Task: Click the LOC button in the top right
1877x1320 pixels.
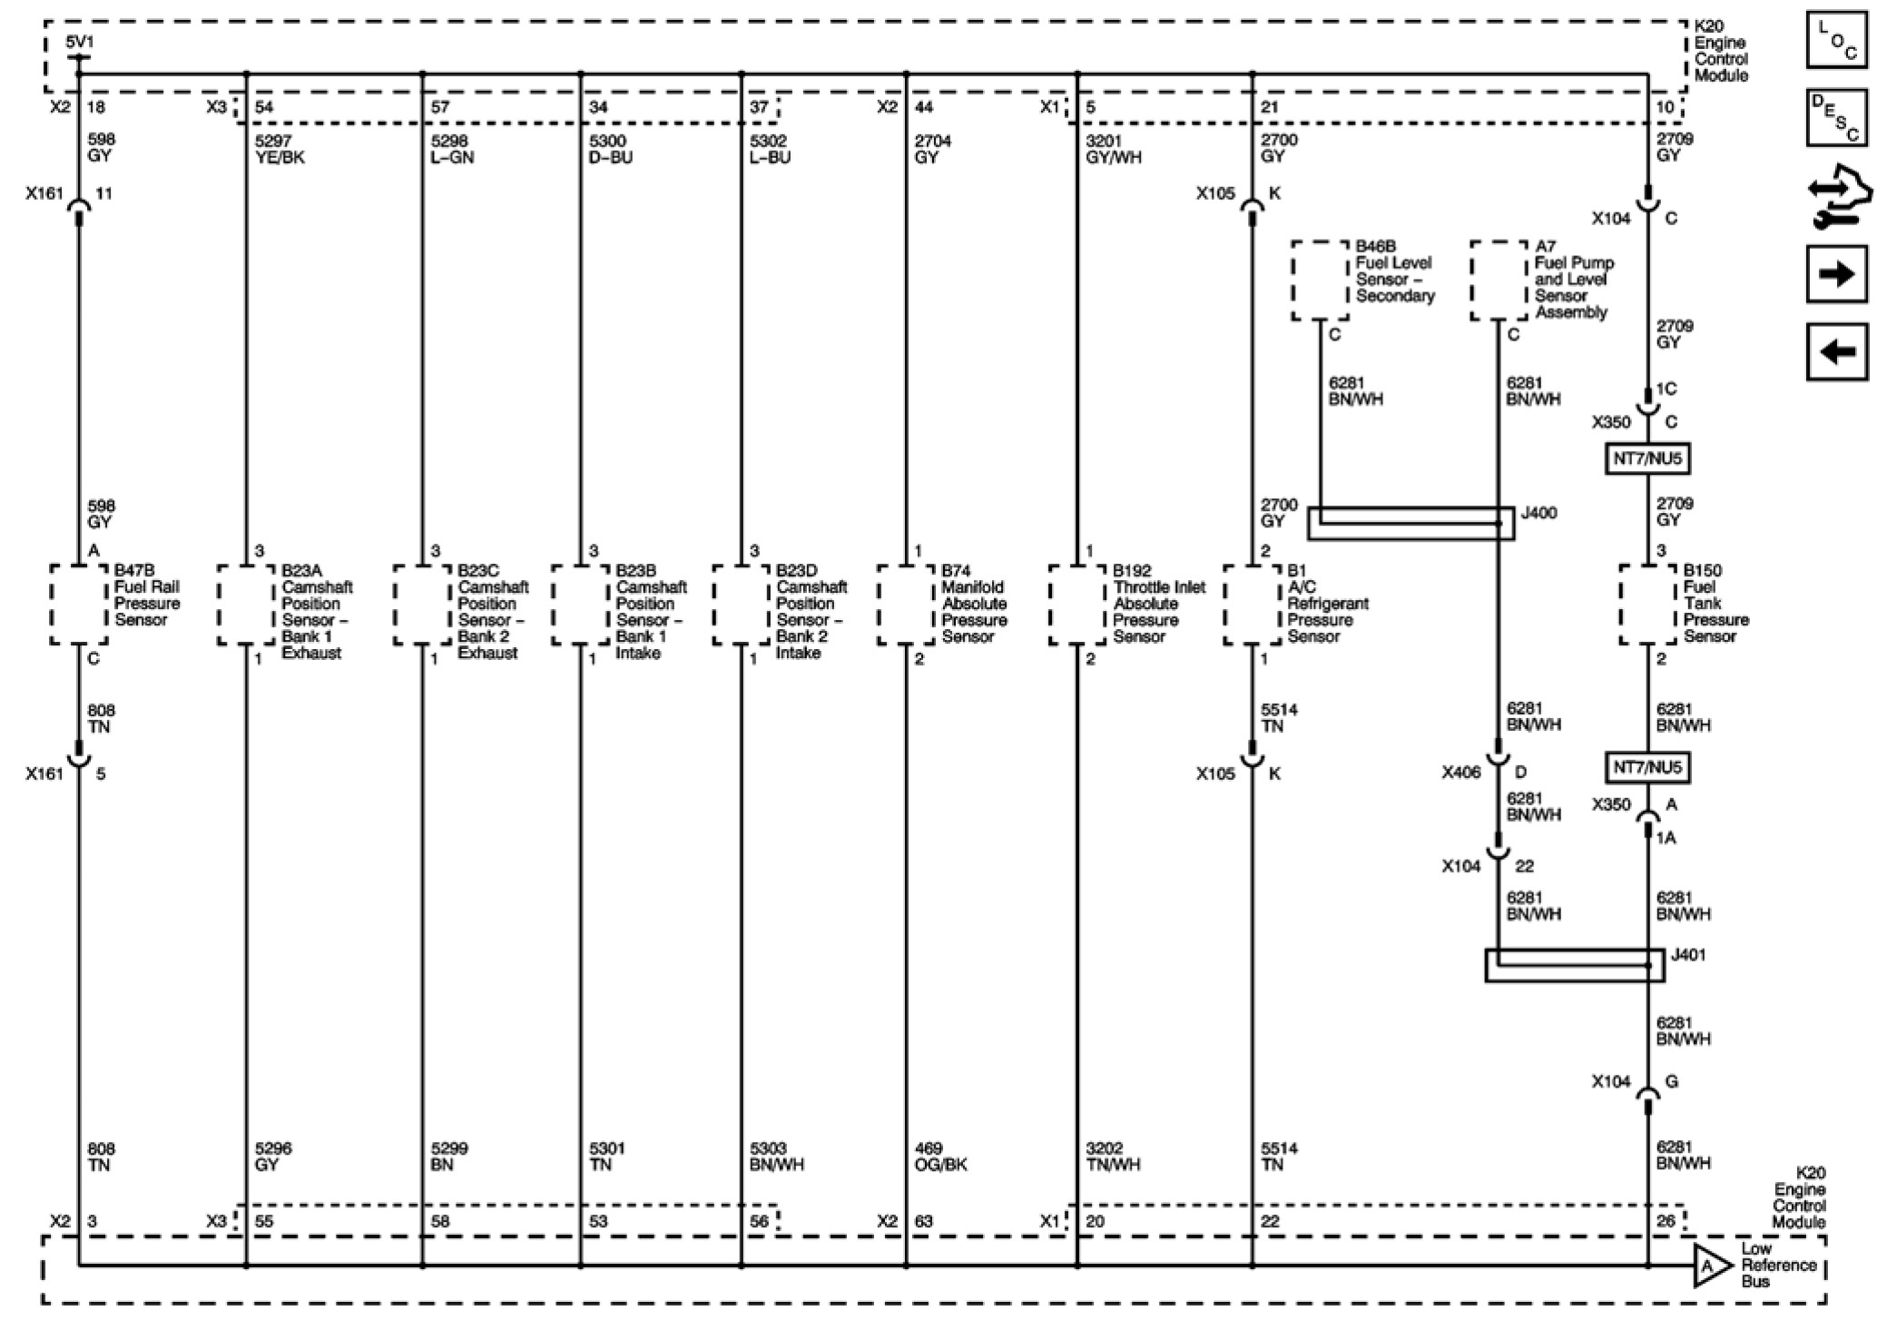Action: click(1836, 41)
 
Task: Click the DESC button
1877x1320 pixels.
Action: click(1836, 118)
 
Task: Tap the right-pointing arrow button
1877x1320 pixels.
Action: click(1836, 273)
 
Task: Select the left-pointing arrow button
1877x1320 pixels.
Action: click(1836, 351)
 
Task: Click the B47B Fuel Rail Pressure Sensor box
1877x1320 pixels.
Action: click(78, 605)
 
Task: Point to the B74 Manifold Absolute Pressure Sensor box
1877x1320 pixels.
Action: click(906, 605)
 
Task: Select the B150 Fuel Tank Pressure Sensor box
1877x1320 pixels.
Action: click(1647, 605)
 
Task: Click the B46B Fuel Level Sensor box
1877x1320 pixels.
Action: click(1320, 281)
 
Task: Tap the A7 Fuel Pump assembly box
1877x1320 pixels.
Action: click(1499, 281)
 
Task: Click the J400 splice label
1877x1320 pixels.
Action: click(1538, 513)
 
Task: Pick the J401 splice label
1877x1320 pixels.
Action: click(1687, 955)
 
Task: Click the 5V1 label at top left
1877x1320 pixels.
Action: click(79, 43)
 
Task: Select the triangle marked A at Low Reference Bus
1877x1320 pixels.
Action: click(1709, 1266)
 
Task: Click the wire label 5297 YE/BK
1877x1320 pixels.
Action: click(280, 149)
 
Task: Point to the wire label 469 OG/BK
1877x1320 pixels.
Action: click(940, 1156)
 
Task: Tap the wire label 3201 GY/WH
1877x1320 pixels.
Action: click(1113, 149)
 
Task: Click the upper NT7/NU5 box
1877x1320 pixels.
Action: click(1647, 458)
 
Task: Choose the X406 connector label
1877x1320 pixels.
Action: click(1460, 773)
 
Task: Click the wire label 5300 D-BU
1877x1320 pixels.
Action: click(611, 149)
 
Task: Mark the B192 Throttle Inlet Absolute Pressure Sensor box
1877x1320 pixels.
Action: click(1076, 605)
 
